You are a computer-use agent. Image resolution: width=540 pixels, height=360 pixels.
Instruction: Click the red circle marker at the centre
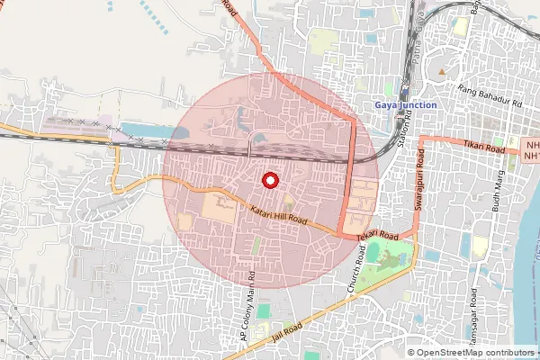269,181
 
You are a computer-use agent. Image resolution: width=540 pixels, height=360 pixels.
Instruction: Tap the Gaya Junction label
406,105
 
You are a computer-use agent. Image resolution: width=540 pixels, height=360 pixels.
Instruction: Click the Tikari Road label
484,146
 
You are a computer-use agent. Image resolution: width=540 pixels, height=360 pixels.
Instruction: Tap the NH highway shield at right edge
531,149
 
